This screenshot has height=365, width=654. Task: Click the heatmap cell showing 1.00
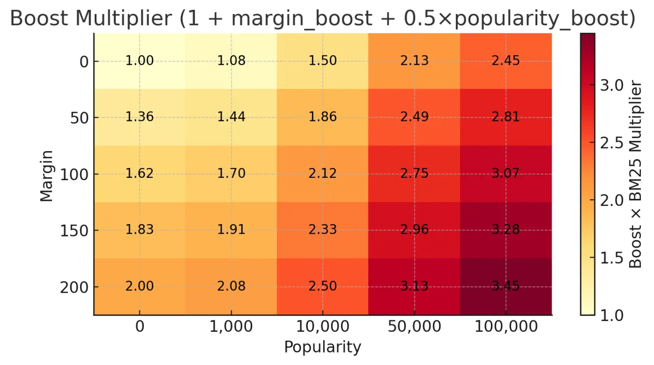139,61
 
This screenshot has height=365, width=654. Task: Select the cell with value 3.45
505,286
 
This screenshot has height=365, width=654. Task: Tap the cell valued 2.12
322,174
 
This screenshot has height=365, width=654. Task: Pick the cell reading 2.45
505,61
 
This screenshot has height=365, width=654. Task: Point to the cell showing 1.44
231,117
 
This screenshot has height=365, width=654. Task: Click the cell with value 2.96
414,230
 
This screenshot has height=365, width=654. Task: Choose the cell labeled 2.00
139,286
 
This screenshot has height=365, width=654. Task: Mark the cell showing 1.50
322,61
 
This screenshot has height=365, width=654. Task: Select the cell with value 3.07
505,174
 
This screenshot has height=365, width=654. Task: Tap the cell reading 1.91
231,230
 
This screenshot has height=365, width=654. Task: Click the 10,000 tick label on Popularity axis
322,327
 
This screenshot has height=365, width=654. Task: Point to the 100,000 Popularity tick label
505,327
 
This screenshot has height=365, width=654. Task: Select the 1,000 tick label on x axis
231,327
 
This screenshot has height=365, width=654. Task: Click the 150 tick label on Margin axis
74,231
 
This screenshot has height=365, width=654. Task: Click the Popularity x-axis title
322,348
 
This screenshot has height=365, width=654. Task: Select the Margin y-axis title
46,175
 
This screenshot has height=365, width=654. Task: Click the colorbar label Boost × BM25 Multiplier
636,174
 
